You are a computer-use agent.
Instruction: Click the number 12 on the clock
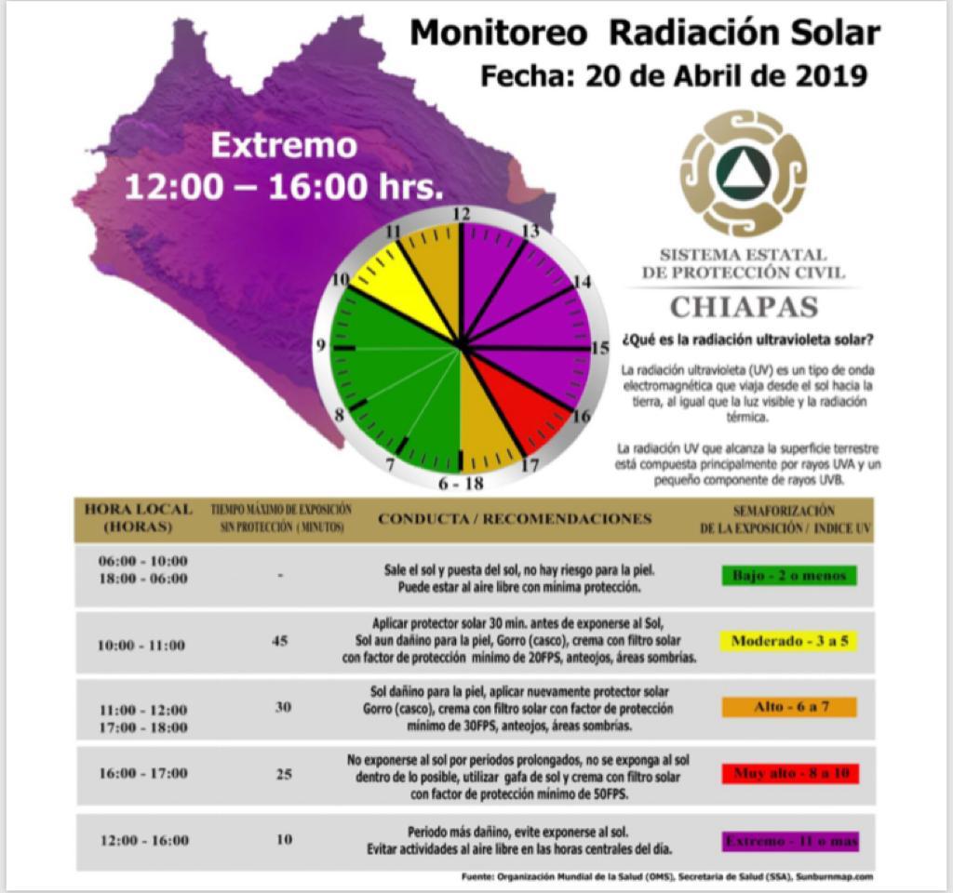(461, 214)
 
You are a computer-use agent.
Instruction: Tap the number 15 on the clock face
(601, 348)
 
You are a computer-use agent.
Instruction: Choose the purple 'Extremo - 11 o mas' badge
(790, 841)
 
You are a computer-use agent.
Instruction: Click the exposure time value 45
(280, 641)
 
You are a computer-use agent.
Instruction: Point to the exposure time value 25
(284, 773)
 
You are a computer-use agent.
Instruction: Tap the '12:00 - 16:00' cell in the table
(144, 841)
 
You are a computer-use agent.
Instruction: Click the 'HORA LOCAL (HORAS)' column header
(139, 517)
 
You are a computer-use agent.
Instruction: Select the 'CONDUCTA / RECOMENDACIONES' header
(515, 518)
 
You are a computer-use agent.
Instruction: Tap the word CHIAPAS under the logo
(744, 306)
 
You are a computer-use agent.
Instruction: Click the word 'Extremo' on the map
(284, 146)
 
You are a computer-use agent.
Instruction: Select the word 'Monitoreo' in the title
(498, 33)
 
